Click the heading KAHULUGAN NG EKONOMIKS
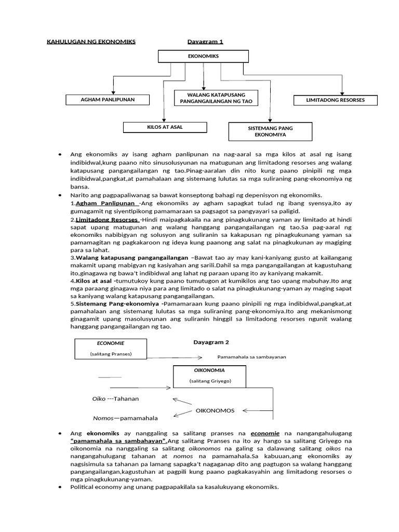click(x=91, y=42)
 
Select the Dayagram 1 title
click(x=205, y=42)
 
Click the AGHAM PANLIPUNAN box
click(x=108, y=100)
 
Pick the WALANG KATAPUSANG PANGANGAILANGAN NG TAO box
click(x=216, y=98)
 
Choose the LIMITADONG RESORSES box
click(x=335, y=100)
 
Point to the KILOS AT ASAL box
click(x=165, y=127)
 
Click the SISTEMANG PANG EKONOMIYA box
click(x=270, y=131)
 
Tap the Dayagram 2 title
click(x=211, y=342)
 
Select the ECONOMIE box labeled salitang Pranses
click(x=111, y=349)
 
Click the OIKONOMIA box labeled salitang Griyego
click(x=209, y=376)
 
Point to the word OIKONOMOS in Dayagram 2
click(x=215, y=410)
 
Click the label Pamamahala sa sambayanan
click(x=251, y=357)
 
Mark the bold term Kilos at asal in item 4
click(x=94, y=281)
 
